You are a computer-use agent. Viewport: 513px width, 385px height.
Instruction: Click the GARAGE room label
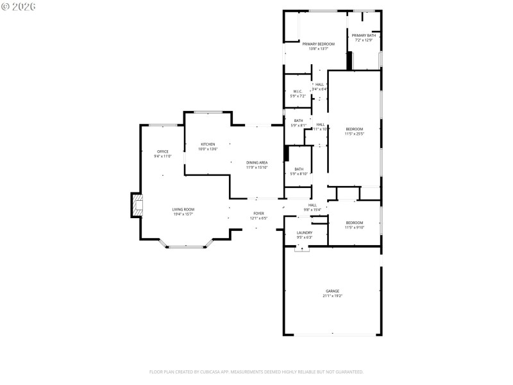332,291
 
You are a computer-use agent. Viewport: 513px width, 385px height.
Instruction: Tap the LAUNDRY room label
305,232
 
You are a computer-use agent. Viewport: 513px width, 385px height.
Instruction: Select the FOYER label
258,213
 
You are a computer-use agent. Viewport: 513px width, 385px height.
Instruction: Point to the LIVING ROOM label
183,209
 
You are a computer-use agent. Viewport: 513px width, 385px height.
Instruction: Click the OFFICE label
163,151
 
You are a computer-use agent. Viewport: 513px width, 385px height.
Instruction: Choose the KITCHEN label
208,144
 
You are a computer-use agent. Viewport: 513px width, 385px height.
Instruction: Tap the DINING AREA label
257,162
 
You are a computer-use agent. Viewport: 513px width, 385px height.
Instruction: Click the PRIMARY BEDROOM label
319,44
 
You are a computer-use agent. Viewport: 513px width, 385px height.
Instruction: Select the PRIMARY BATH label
363,35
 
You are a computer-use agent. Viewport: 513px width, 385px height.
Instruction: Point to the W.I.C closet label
298,91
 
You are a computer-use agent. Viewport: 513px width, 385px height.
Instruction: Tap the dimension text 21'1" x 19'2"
332,296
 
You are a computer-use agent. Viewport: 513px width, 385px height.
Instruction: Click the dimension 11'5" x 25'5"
355,134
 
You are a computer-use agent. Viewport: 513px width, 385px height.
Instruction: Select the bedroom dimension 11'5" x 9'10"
355,227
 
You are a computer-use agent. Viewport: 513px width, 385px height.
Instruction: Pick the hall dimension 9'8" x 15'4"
312,209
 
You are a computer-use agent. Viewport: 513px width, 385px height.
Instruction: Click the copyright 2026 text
19,6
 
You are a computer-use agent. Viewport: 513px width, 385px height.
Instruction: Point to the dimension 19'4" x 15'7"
183,214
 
